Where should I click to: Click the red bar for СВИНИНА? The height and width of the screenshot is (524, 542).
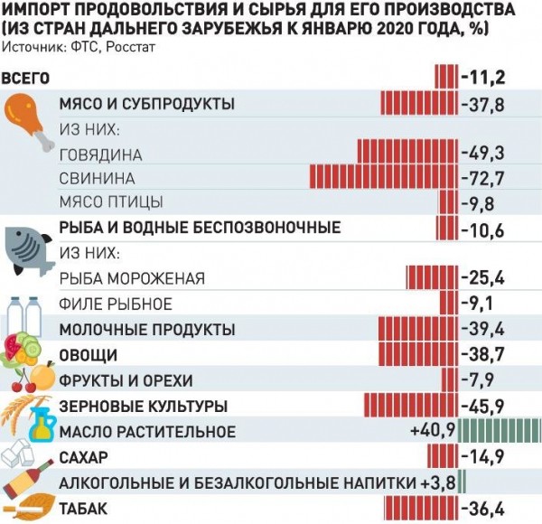(x=384, y=176)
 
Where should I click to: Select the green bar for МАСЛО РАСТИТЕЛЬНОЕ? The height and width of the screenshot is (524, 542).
(x=500, y=431)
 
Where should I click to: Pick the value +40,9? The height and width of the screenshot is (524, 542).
(x=432, y=431)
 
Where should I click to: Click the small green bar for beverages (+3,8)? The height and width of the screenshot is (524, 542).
(x=463, y=481)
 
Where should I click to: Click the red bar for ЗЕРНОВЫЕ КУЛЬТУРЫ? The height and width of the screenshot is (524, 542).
(x=411, y=404)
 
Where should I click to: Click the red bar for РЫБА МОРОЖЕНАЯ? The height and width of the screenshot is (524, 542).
(x=433, y=276)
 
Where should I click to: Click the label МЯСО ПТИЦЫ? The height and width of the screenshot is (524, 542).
(x=111, y=201)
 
